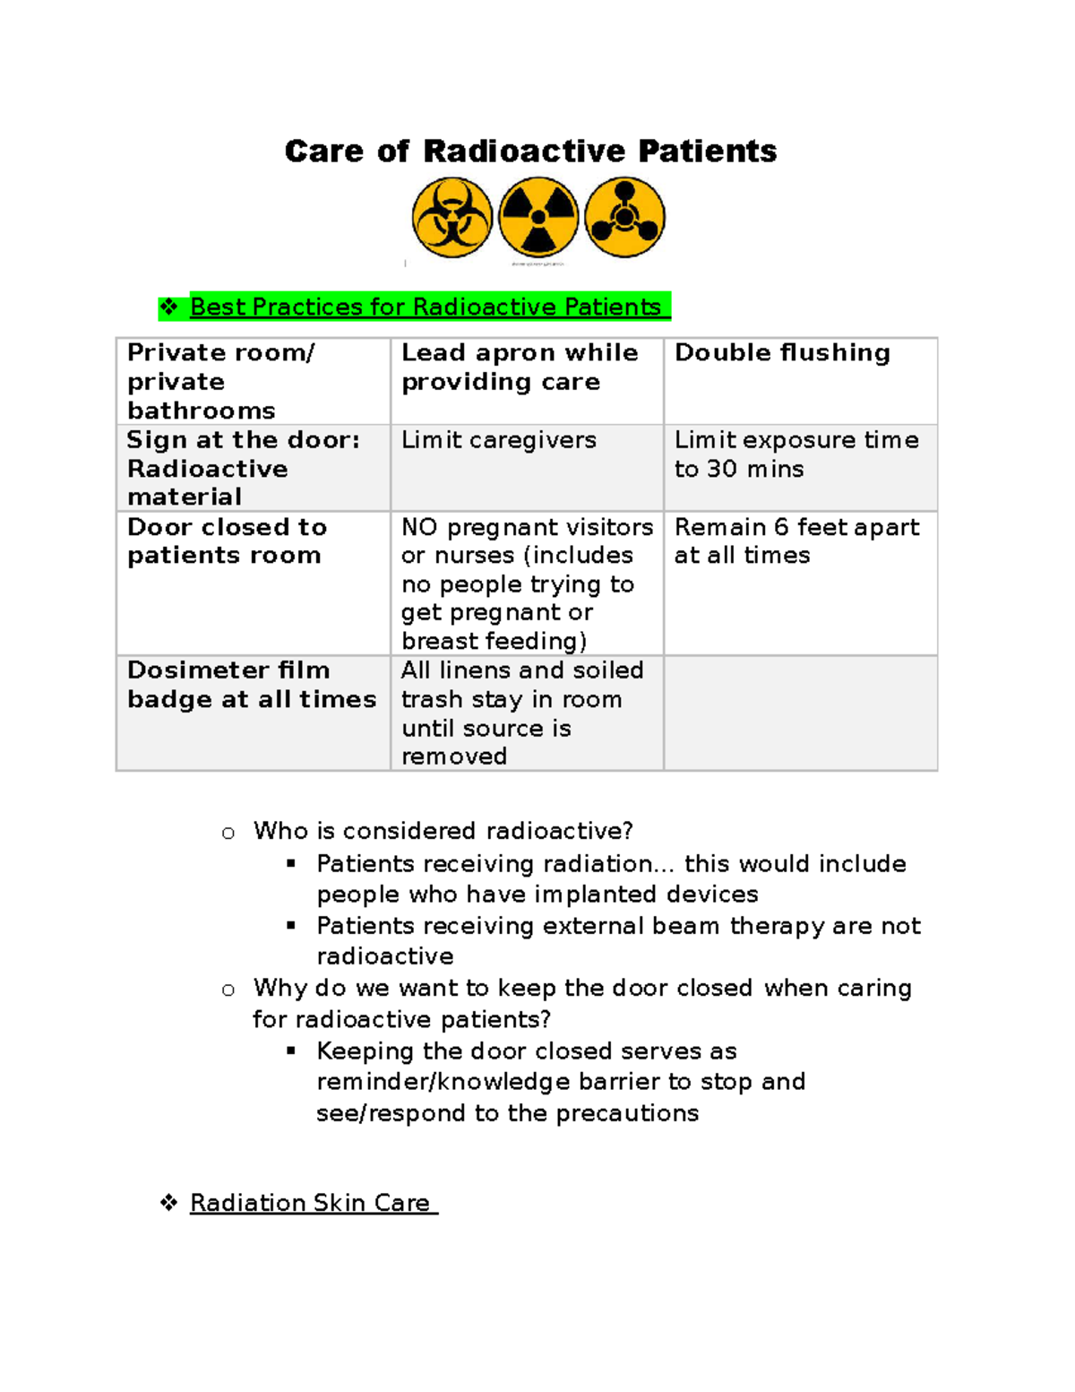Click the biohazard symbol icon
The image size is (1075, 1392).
click(452, 218)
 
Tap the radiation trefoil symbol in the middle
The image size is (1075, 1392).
click(538, 218)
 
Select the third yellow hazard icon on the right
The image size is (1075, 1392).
click(624, 218)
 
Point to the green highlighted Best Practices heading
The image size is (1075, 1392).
click(426, 307)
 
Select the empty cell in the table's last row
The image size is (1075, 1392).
click(800, 713)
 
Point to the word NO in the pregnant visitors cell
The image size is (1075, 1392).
click(419, 527)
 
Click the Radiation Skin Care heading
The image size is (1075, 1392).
click(310, 1203)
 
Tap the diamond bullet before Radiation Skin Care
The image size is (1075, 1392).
click(168, 1203)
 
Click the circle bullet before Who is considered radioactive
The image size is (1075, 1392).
click(228, 834)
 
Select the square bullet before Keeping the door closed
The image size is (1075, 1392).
click(291, 1050)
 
